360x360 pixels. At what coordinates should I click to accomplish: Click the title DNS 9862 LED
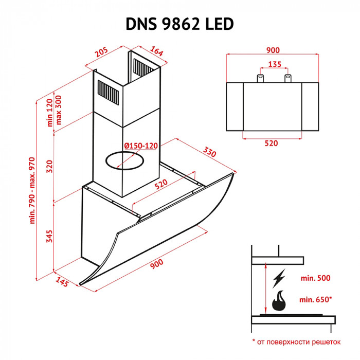(180, 24)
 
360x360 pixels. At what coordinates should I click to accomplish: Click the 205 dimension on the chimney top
(101, 52)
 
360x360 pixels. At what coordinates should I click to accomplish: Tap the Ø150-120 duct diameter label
(140, 146)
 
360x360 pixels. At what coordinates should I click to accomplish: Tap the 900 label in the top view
(273, 50)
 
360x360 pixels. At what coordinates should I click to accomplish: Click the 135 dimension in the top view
(274, 65)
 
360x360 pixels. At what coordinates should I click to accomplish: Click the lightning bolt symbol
(279, 279)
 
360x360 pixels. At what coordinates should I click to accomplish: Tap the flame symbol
(279, 301)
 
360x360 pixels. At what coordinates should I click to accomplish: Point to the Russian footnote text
(297, 341)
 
